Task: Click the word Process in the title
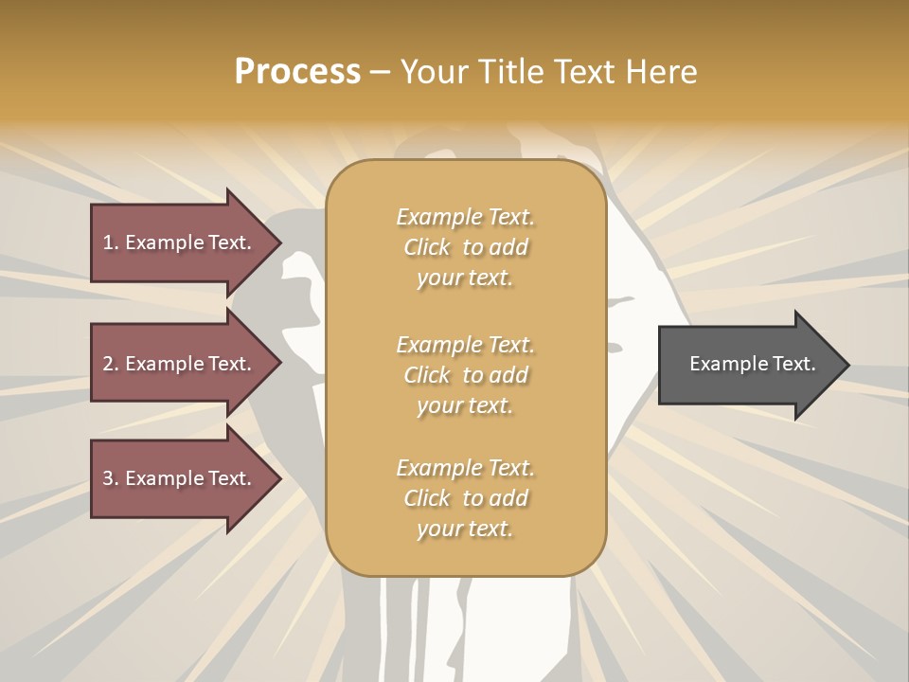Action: click(297, 72)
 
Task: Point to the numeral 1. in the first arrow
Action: click(111, 242)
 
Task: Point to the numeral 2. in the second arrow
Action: click(111, 364)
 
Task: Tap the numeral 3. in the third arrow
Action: click(111, 478)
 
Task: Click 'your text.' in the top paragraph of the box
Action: click(465, 278)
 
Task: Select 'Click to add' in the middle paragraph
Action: click(465, 375)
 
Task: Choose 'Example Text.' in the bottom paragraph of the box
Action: click(465, 468)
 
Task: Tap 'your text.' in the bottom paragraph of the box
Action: click(465, 529)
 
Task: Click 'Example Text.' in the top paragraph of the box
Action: click(465, 217)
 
